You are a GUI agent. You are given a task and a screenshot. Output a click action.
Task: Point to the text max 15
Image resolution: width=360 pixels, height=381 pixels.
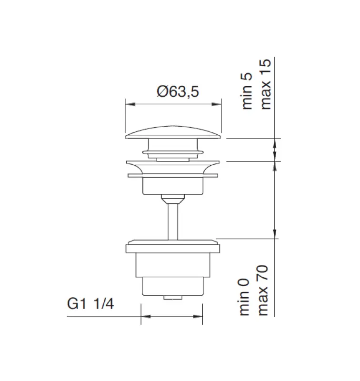click(x=266, y=84)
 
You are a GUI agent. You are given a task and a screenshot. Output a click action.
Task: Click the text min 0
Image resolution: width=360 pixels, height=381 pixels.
click(x=245, y=298)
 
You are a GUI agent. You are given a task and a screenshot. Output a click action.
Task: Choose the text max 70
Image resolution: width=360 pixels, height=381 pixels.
click(x=263, y=291)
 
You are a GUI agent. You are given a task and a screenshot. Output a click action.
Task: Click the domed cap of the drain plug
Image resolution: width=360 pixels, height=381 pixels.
click(x=173, y=131)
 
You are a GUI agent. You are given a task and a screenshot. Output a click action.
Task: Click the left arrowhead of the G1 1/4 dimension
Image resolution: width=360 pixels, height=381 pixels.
click(x=144, y=315)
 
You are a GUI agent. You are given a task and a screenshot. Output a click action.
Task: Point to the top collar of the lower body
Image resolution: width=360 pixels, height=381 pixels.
click(x=173, y=247)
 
